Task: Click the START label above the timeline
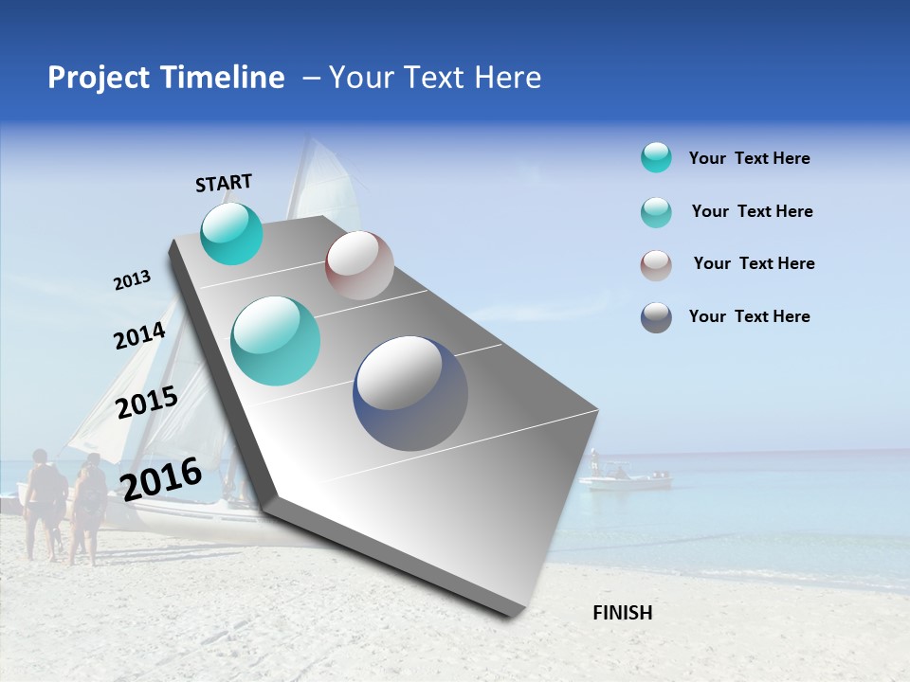[x=224, y=183]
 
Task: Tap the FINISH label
[x=622, y=613]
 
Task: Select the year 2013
[x=132, y=280]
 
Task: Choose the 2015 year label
[x=146, y=404]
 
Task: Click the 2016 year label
[x=161, y=478]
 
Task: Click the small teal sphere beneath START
[x=231, y=233]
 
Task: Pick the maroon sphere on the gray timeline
[x=359, y=265]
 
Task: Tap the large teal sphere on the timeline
[x=276, y=341]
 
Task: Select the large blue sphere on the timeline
[x=410, y=393]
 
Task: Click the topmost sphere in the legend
[x=656, y=158]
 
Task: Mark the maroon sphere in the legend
[x=656, y=264]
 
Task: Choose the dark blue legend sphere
[x=656, y=317]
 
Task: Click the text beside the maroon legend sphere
[x=754, y=263]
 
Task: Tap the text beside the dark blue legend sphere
[x=749, y=316]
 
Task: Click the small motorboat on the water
[x=625, y=478]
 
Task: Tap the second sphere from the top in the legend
[x=656, y=212]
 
